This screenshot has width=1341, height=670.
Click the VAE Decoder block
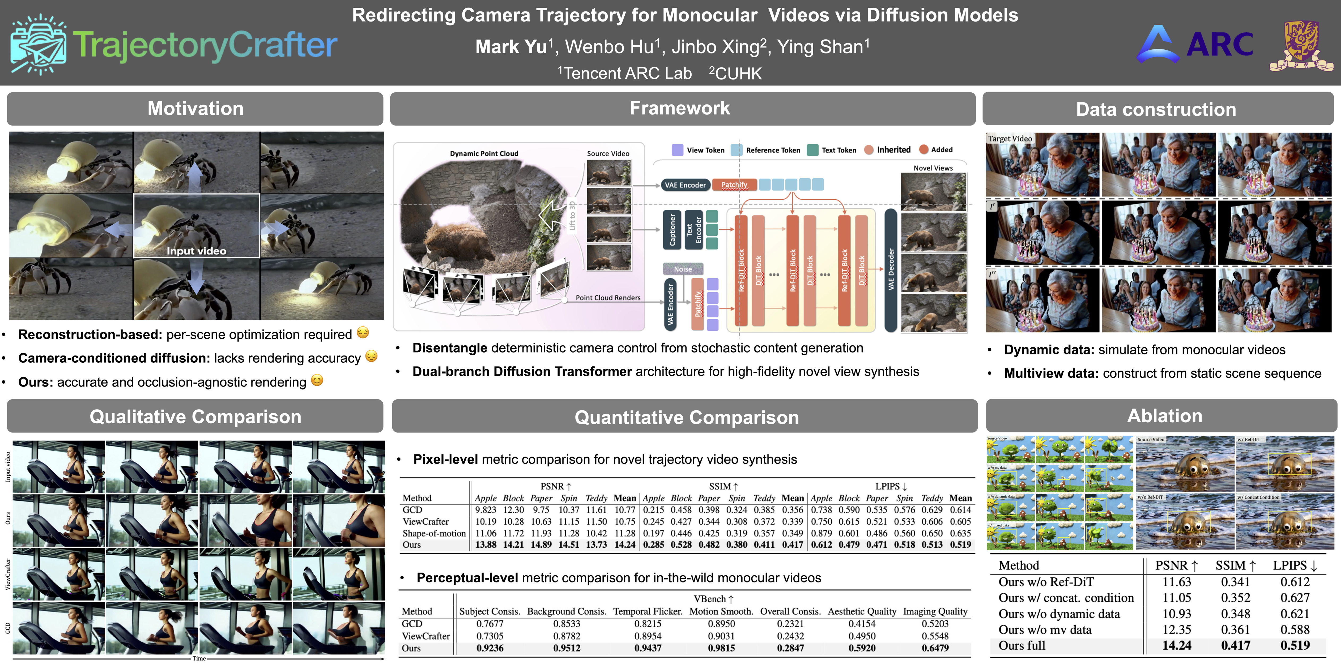[x=891, y=269]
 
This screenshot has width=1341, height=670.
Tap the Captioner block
[x=672, y=229]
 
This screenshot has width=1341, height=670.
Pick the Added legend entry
[x=941, y=150]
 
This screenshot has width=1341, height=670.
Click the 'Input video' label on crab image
[x=196, y=251]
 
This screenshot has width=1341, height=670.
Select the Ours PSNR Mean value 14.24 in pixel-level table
[x=625, y=545]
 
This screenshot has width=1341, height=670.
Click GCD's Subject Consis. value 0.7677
[x=489, y=624]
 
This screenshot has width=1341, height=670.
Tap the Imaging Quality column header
[x=935, y=611]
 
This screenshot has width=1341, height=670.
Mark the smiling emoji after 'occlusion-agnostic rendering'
[x=317, y=380]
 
